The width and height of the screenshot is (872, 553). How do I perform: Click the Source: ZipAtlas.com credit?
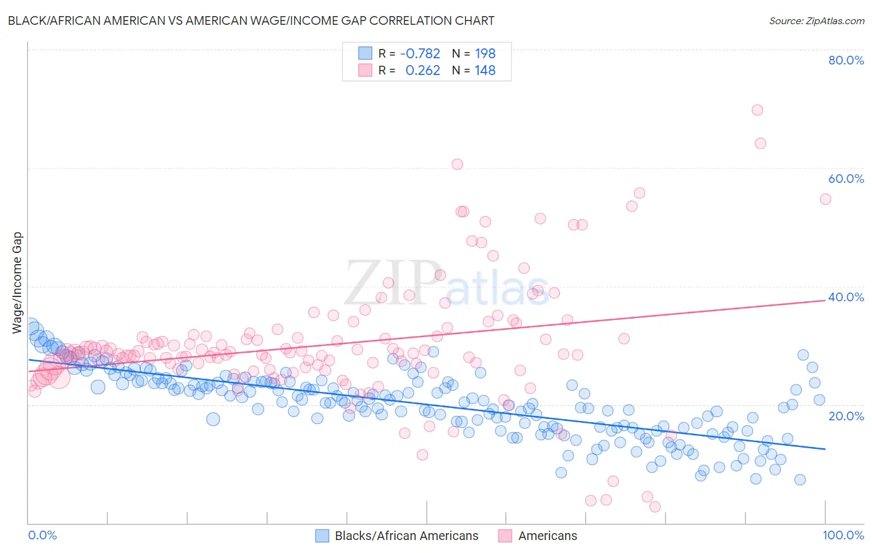click(816, 20)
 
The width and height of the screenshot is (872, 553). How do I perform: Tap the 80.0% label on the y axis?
click(846, 60)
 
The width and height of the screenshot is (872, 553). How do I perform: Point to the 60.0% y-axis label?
click(846, 179)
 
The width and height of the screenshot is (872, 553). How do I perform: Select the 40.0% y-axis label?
click(846, 297)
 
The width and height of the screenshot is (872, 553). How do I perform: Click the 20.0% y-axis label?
click(846, 415)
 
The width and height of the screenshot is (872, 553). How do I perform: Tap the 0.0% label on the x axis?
click(42, 535)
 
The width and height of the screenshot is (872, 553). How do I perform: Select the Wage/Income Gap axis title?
click(17, 283)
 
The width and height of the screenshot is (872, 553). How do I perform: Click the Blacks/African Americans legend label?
click(406, 536)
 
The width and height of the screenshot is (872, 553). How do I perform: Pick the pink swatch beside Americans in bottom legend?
click(505, 536)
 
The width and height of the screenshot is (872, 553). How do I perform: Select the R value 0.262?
click(422, 71)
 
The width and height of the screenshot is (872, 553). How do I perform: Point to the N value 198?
click(485, 54)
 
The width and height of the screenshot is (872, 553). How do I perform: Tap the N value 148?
click(485, 71)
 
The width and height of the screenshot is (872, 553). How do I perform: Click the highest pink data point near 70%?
click(757, 110)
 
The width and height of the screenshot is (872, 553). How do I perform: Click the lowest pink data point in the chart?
click(655, 507)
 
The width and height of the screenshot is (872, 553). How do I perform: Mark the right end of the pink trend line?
click(825, 300)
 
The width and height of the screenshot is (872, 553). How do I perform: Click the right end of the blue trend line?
click(825, 449)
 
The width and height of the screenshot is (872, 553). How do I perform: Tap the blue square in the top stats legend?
click(365, 53)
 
